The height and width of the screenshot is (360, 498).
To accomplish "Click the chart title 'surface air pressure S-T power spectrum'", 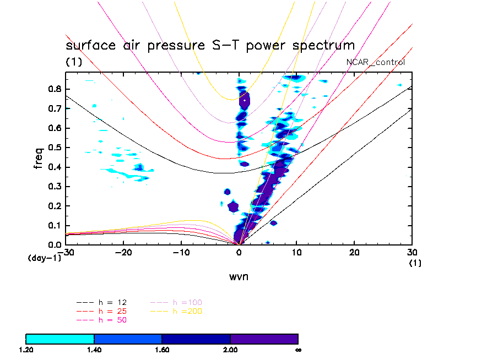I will point(210,45).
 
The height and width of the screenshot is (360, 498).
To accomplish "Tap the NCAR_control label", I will point(375,62).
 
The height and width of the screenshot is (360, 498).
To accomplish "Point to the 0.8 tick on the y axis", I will point(53,89).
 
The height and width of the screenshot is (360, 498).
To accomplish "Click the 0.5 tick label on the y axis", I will point(53,148).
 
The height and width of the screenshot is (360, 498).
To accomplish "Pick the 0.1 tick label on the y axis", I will point(53,225).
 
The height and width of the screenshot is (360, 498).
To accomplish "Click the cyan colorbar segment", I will point(60,339).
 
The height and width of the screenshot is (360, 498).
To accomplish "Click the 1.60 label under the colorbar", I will point(162,350).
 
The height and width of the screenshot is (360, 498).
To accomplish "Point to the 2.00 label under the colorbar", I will point(230,350).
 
